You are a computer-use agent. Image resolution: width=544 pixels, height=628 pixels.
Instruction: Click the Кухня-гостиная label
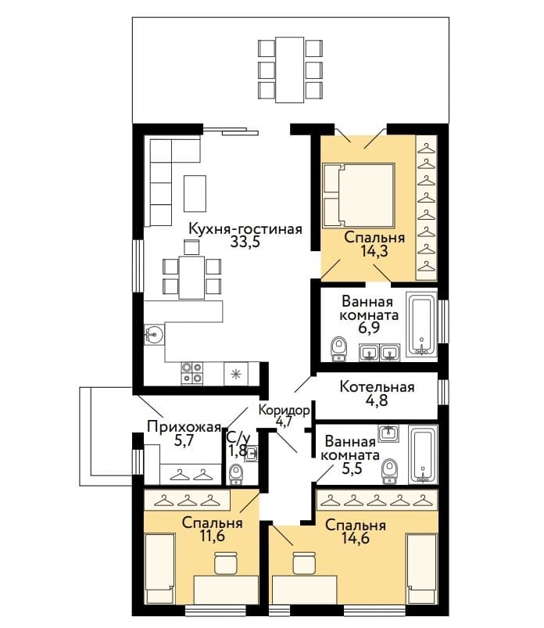245,229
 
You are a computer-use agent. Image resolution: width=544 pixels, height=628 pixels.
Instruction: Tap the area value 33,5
245,242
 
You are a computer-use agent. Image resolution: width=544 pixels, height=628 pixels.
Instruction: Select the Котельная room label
377,387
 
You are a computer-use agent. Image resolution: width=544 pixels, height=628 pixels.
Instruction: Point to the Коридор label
284,410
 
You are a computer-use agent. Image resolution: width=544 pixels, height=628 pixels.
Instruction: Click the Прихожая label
184,426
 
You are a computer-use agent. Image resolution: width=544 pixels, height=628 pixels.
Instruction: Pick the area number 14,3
374,251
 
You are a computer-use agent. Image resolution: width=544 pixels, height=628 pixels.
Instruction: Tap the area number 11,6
212,536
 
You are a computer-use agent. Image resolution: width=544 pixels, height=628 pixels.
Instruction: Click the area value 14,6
356,538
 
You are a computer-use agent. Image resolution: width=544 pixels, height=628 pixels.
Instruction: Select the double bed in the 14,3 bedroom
358,195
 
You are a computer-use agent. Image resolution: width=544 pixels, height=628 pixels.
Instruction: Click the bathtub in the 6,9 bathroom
421,324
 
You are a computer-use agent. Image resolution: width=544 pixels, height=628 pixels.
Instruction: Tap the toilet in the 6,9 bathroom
339,349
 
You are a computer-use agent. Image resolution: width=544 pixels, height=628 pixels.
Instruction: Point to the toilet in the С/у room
236,474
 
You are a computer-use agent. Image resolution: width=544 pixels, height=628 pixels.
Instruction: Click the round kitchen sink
155,333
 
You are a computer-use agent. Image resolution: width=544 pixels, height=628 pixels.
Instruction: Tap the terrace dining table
290,70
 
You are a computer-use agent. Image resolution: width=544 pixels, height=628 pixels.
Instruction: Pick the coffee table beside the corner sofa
195,193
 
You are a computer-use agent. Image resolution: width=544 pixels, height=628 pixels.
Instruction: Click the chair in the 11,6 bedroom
226,563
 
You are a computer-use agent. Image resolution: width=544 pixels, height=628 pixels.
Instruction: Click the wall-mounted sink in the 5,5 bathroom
388,433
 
